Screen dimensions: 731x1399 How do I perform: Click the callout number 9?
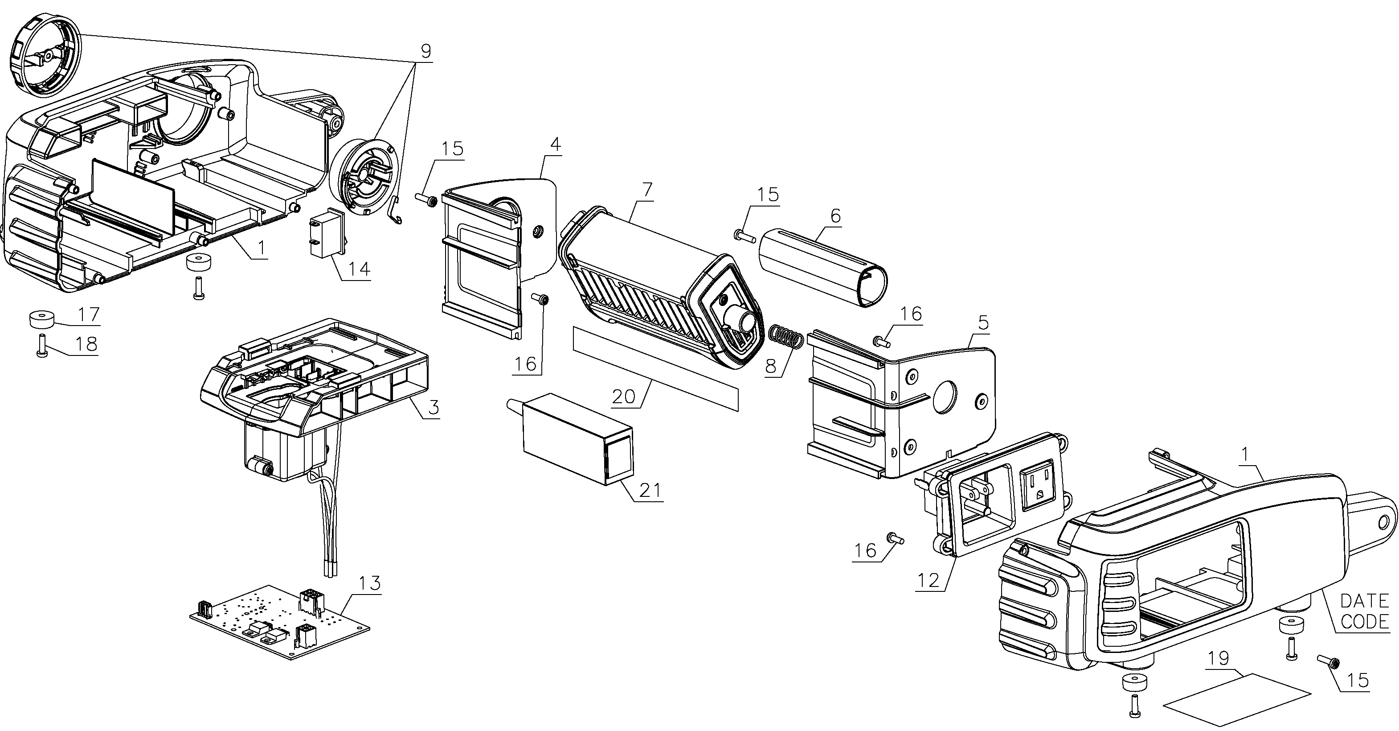[x=425, y=51]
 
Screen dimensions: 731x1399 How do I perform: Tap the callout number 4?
[x=555, y=145]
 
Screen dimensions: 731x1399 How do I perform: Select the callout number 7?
[x=647, y=190]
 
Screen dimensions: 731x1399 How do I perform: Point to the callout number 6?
[x=835, y=216]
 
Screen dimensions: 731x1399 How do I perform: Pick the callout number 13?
[x=370, y=583]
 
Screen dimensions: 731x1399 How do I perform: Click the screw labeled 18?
[x=41, y=345]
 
